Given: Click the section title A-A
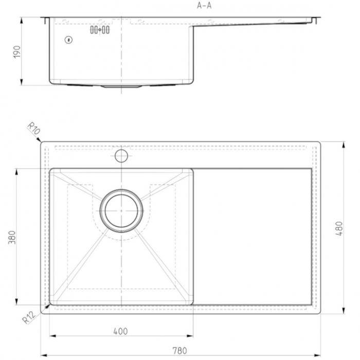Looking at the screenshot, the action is point(204,6).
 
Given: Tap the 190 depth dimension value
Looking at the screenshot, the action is point(17,52).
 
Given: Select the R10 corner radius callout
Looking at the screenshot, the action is point(34,129).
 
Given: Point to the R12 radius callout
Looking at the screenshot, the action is point(29,317).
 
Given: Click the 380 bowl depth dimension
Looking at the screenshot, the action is point(12,238).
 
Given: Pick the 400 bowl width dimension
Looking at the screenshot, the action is point(120,331).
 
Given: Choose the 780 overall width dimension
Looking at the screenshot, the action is point(179,351).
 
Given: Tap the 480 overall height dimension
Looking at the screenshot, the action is point(339,228).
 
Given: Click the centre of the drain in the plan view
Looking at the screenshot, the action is point(121,211).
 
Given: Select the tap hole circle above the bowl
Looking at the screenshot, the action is point(121,156).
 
